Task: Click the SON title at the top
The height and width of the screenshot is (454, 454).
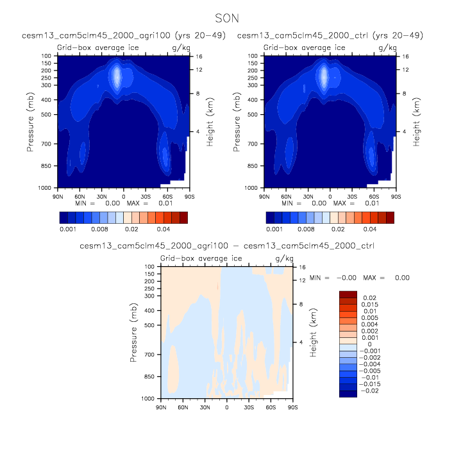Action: (x=227, y=19)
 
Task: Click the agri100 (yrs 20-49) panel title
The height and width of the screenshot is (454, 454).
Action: (x=123, y=35)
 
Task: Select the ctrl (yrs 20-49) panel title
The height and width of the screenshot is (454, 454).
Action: (x=330, y=35)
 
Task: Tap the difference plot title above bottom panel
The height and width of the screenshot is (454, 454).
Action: (x=227, y=246)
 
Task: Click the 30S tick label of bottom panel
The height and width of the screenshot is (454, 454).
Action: (x=249, y=407)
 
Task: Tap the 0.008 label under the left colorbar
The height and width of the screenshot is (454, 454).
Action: (x=99, y=228)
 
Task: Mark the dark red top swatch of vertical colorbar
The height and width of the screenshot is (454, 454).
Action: (x=348, y=294)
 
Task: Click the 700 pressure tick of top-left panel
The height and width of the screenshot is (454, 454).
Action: (x=47, y=144)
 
